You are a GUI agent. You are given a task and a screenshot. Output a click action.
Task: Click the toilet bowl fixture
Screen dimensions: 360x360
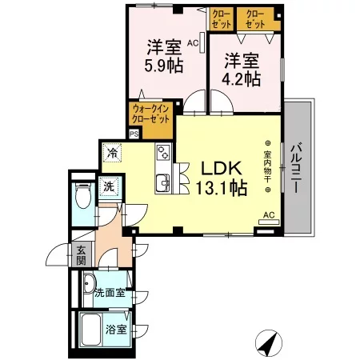tap(83, 196)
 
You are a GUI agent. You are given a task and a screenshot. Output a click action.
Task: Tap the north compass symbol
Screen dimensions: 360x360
tap(269, 343)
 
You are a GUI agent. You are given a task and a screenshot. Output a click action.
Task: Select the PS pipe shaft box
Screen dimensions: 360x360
tap(134, 134)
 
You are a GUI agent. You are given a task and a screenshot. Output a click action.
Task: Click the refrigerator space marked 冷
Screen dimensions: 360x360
tap(113, 153)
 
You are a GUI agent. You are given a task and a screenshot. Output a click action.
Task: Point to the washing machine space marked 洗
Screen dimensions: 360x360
tap(109, 186)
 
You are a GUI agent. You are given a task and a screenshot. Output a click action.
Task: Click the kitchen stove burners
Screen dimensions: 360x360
tap(163, 152)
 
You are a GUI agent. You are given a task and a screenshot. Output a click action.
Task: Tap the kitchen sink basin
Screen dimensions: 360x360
tap(162, 183)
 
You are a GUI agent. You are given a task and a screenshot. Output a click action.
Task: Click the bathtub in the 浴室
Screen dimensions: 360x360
tap(91, 330)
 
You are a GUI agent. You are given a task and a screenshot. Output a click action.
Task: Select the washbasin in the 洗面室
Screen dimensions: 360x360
tap(89, 284)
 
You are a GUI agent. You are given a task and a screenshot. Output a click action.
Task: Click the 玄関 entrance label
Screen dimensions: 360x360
tap(81, 255)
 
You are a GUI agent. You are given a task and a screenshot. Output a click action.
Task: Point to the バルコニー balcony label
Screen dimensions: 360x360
tap(297, 168)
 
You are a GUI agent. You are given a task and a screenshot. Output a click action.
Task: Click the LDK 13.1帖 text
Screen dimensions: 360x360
tap(222, 178)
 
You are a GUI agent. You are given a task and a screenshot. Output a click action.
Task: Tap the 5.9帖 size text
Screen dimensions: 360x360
tap(164, 66)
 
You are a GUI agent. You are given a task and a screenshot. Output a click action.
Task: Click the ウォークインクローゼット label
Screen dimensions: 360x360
tap(150, 114)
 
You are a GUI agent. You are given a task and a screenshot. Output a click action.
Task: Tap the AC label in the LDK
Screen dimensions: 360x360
tap(269, 215)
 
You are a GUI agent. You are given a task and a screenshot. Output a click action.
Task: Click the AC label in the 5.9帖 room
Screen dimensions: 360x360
tap(193, 43)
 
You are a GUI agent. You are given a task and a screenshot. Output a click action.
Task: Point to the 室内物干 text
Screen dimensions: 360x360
tap(267, 166)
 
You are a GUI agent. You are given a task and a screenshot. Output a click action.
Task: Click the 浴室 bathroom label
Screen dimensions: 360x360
tap(116, 330)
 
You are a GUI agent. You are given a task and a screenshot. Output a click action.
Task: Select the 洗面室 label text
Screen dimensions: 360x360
tap(110, 293)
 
